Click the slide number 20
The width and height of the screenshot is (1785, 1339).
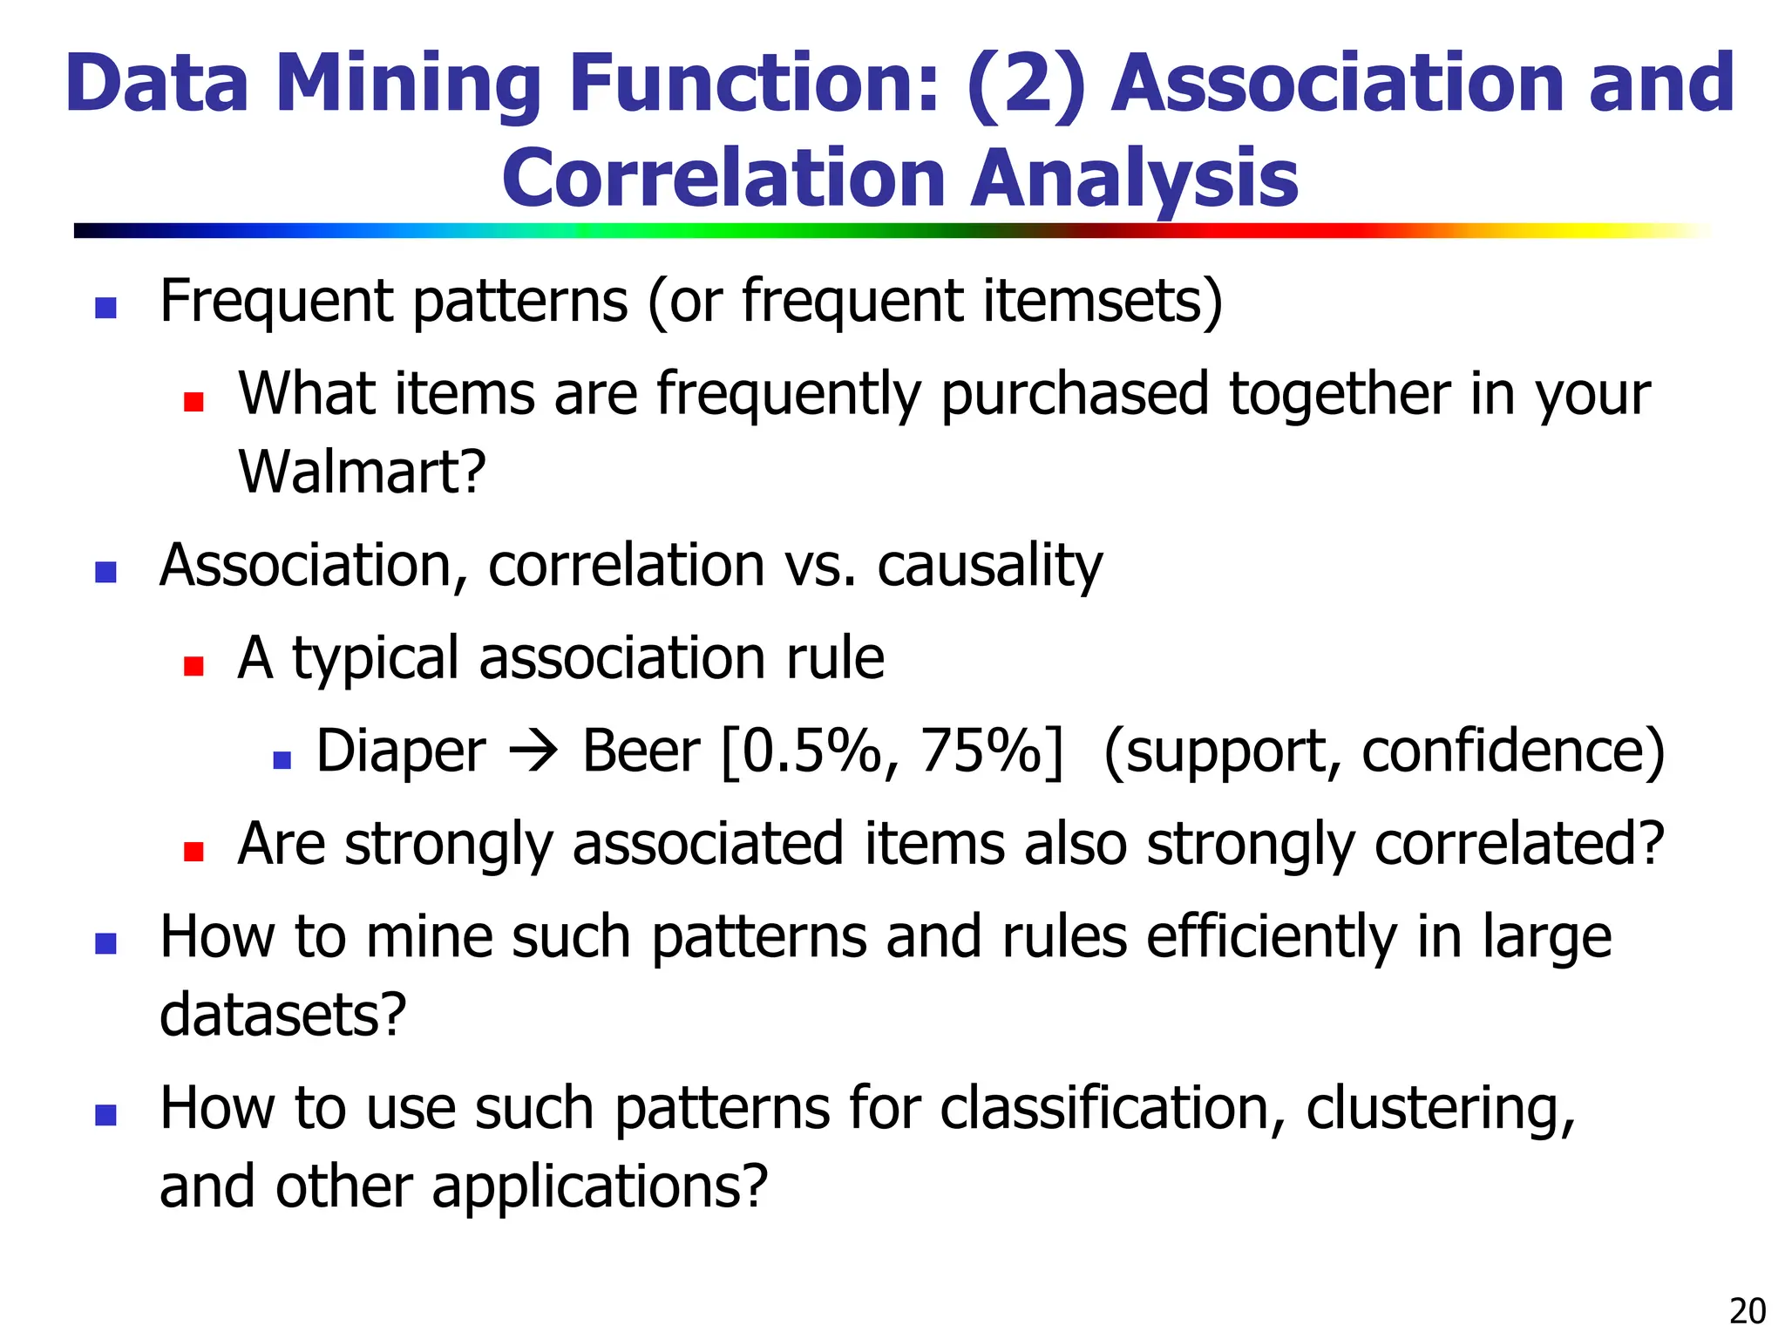point(1747,1311)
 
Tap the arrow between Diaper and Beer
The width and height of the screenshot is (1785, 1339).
point(533,751)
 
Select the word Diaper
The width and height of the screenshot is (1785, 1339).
point(400,751)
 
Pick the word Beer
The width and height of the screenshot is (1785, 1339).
point(641,751)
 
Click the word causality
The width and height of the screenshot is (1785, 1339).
point(989,566)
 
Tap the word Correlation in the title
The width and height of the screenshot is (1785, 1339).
point(723,179)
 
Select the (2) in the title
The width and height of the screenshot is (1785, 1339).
point(1026,84)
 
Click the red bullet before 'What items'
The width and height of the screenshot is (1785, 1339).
point(193,402)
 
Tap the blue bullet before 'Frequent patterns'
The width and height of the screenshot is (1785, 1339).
point(105,308)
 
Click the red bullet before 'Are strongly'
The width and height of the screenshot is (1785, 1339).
point(193,852)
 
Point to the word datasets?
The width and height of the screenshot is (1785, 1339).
point(283,1015)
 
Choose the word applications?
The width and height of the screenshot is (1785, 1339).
point(600,1186)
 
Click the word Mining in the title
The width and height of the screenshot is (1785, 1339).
point(409,84)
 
